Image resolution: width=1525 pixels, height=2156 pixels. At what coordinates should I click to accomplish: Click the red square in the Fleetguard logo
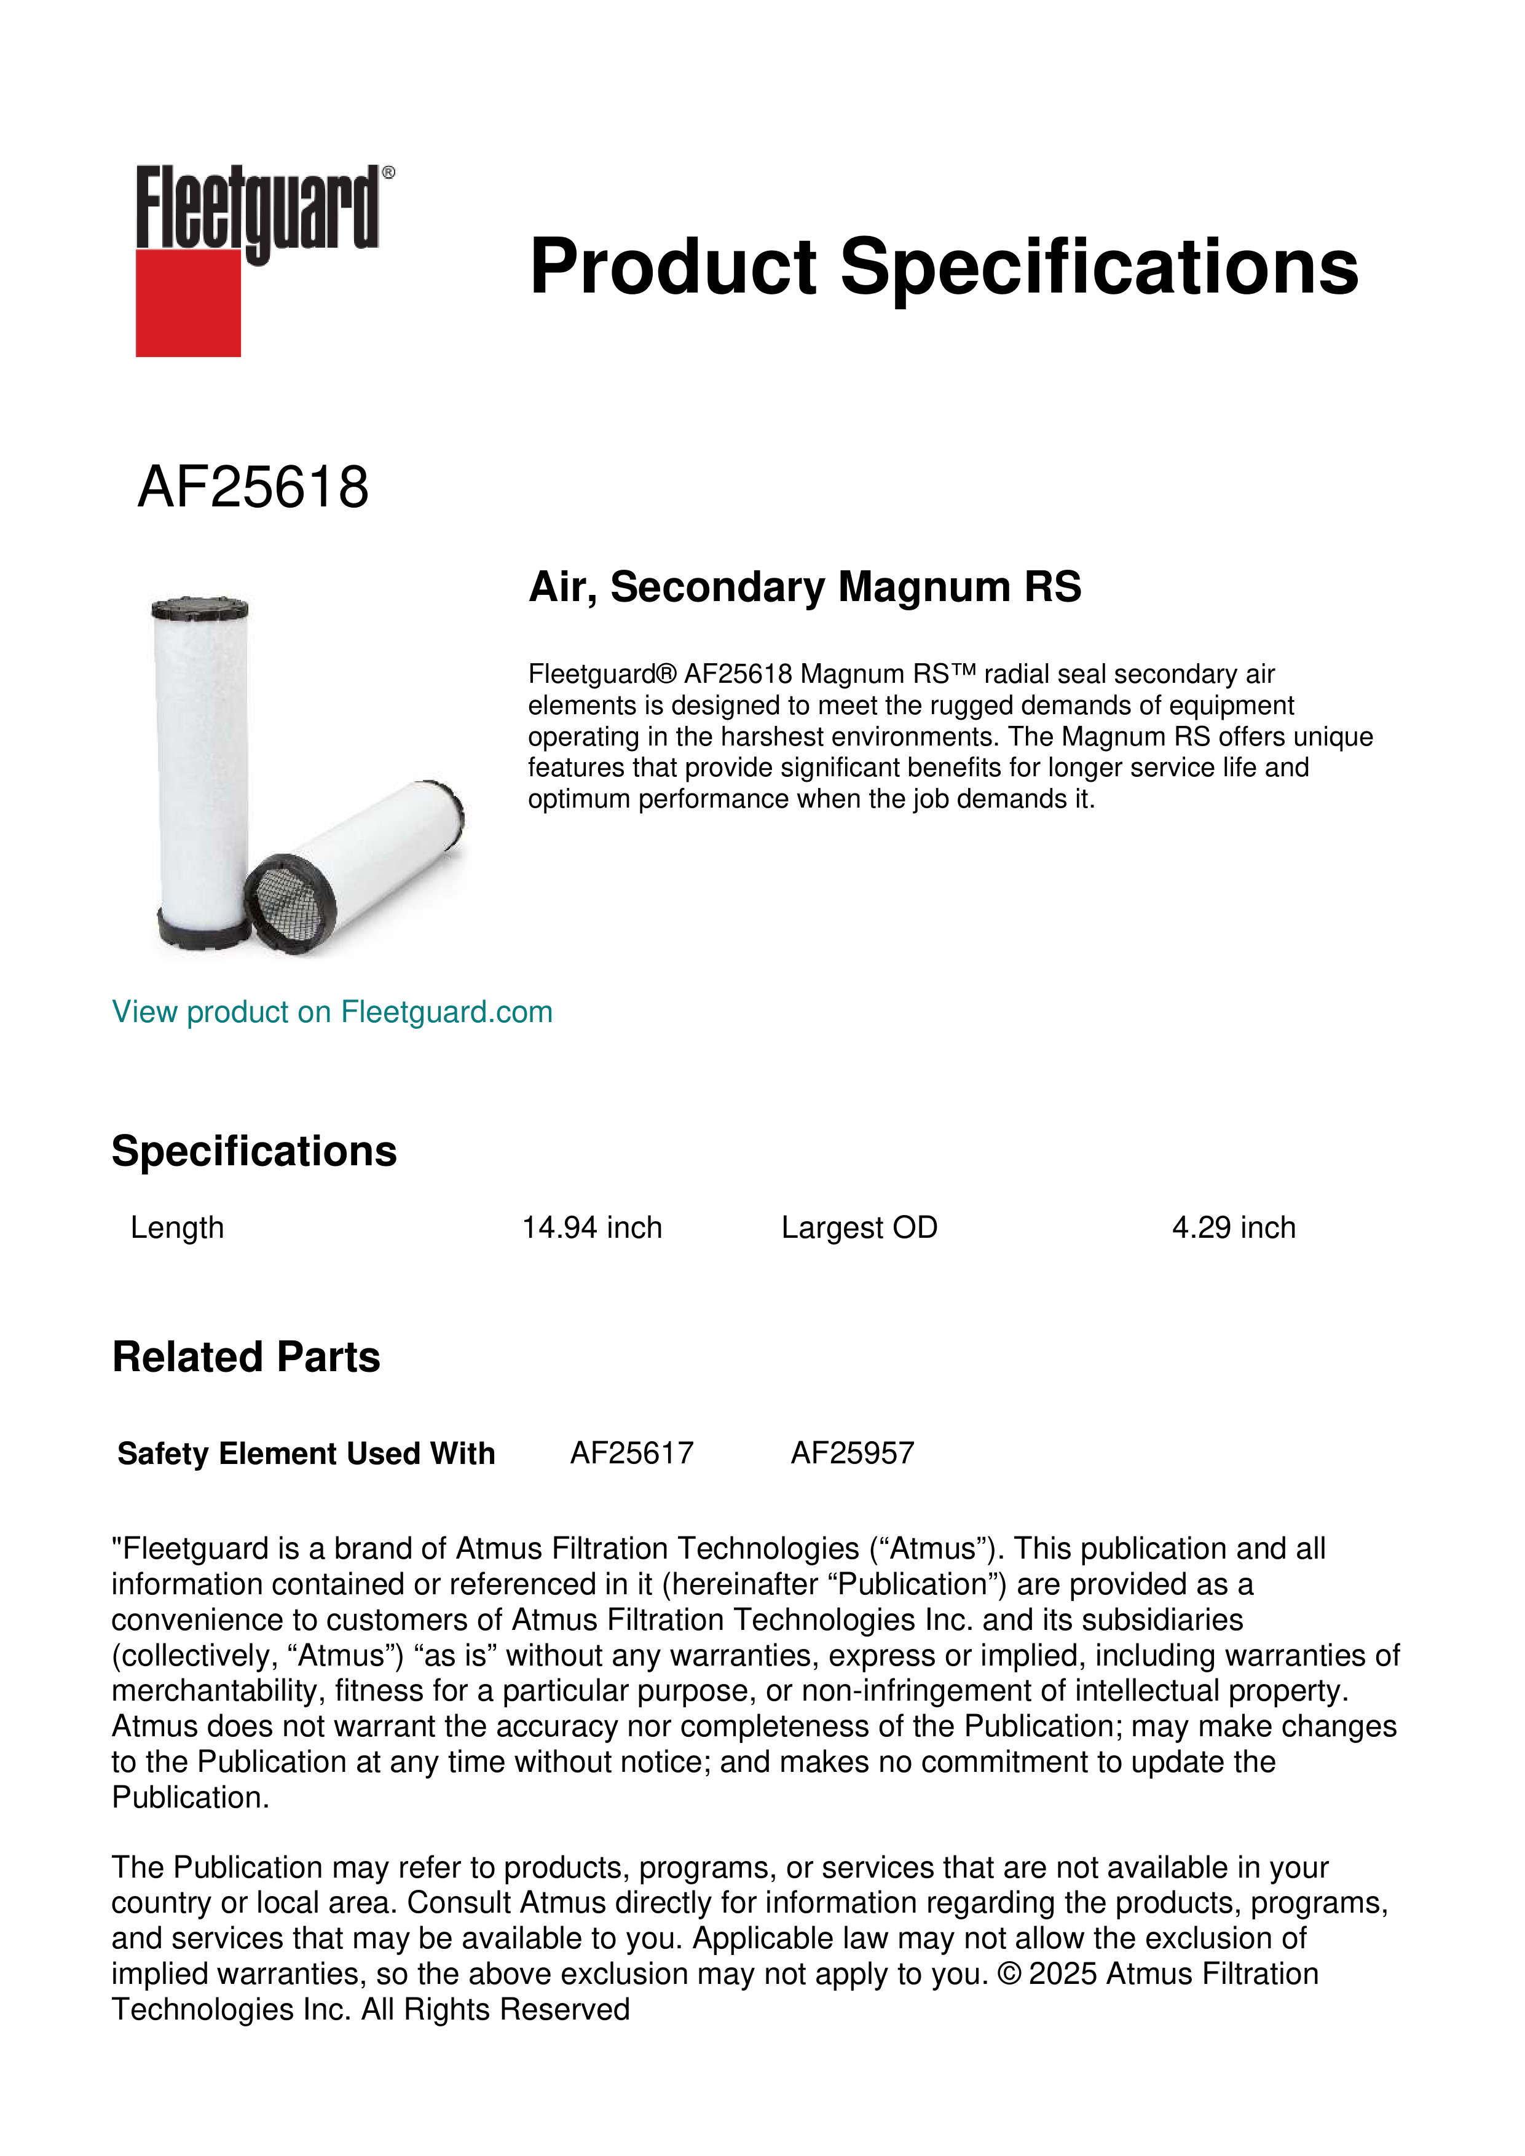tap(188, 302)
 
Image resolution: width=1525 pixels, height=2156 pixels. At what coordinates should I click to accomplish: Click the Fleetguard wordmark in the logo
tap(258, 208)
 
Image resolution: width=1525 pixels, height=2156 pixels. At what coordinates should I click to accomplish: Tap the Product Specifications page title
tap(943, 267)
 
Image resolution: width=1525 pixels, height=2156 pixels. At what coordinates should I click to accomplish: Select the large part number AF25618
tap(253, 487)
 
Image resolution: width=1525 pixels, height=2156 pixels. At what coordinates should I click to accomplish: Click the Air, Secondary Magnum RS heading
tap(805, 587)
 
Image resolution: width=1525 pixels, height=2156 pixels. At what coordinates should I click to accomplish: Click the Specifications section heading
tap(253, 1151)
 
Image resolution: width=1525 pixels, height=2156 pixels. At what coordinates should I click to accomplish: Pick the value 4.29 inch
tap(1233, 1227)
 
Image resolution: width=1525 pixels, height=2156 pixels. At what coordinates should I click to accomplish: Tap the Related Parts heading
tap(246, 1357)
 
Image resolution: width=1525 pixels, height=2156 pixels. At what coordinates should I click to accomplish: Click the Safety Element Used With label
tap(305, 1453)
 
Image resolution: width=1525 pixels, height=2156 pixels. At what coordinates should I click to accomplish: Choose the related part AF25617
tap(631, 1453)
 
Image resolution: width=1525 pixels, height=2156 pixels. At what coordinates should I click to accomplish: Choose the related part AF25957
tap(852, 1453)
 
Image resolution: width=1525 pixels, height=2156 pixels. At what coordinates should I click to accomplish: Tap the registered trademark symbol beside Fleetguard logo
tap(388, 173)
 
